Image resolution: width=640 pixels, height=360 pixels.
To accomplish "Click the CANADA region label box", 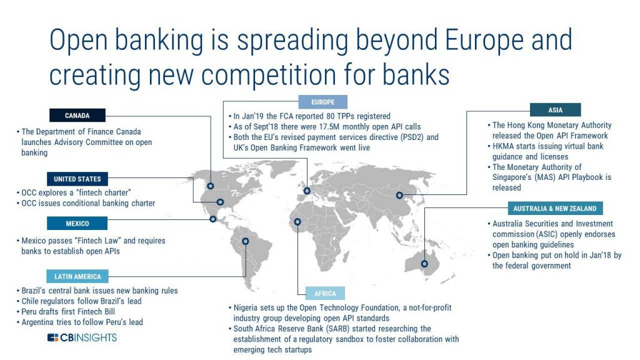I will click(x=77, y=115).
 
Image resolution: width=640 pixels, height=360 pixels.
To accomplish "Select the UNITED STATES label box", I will click(x=77, y=179).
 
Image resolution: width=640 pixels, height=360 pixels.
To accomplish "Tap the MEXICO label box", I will click(x=77, y=223).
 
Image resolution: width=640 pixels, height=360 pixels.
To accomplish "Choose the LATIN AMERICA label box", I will click(x=77, y=276).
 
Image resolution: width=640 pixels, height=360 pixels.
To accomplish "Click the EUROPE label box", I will click(x=322, y=102).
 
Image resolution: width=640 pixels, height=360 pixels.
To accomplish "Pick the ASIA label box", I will click(x=555, y=110).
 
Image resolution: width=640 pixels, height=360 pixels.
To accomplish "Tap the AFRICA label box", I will click(x=324, y=293).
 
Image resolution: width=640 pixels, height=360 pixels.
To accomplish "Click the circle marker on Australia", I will click(x=425, y=263).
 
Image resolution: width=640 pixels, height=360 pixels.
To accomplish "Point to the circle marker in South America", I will click(x=245, y=241).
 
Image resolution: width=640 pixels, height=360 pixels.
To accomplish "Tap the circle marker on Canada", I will click(x=211, y=186).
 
